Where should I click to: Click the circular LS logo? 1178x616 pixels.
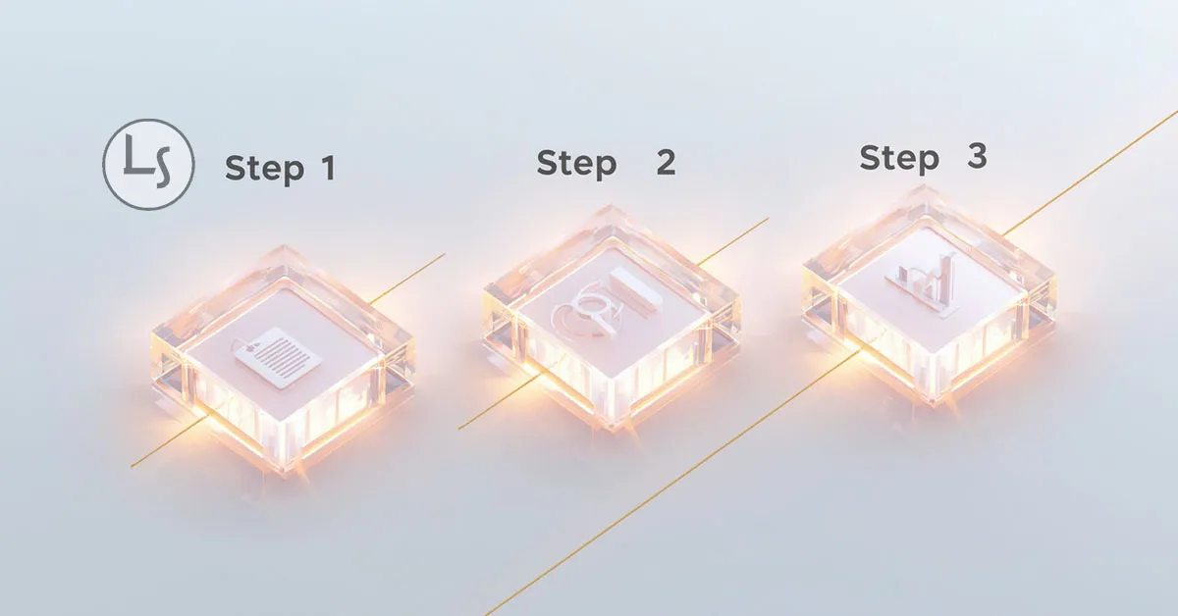pyautogui.click(x=148, y=165)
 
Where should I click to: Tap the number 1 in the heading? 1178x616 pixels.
pyautogui.click(x=328, y=168)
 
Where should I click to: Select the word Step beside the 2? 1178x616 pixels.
pyautogui.click(x=576, y=164)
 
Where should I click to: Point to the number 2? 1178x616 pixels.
pyautogui.click(x=666, y=162)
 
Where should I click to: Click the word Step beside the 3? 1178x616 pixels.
pyautogui.click(x=899, y=158)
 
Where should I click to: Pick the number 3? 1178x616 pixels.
pyautogui.click(x=977, y=156)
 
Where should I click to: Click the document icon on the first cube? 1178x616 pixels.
pyautogui.click(x=277, y=356)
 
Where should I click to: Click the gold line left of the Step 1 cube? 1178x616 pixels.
pyautogui.click(x=167, y=444)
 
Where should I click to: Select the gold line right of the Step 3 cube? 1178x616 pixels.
pyautogui.click(x=1089, y=173)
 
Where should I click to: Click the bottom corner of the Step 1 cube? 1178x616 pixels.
pyautogui.click(x=284, y=472)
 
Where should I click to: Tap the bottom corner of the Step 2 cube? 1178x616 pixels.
pyautogui.click(x=613, y=430)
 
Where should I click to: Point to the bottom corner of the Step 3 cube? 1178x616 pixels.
pyautogui.click(x=935, y=404)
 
